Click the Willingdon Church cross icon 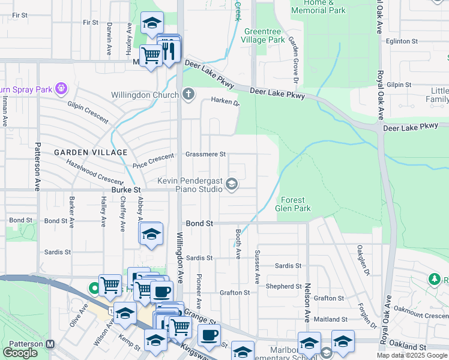coord(188,94)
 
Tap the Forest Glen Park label coord(293,204)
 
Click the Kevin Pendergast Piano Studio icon coord(231,184)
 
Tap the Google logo coord(20,352)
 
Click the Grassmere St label coord(205,154)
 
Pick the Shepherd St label coord(279,286)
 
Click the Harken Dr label coord(225,102)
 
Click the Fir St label coord(91,22)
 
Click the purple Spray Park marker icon coord(61,89)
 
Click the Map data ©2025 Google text coord(411,355)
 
